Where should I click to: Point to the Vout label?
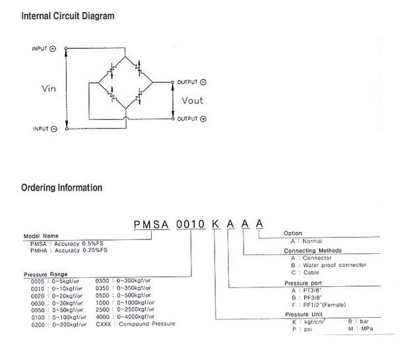click(193, 101)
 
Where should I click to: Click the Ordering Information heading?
click(61, 188)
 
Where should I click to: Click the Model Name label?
click(42, 236)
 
